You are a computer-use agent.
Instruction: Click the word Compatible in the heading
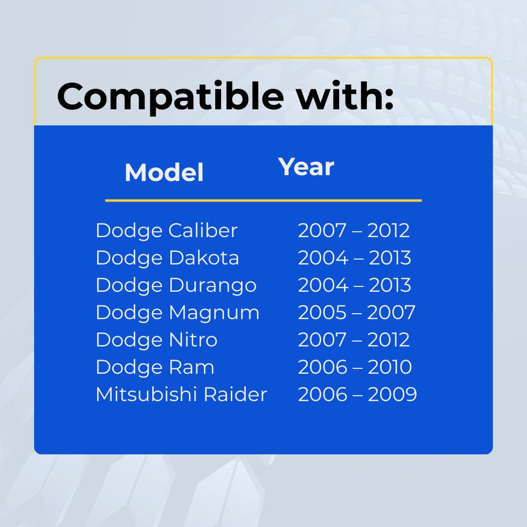tap(170, 97)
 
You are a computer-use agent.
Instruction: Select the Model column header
tap(164, 172)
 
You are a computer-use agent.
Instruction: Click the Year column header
tap(306, 167)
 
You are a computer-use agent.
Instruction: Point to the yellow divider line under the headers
tap(263, 201)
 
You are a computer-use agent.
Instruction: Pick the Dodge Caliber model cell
tap(167, 231)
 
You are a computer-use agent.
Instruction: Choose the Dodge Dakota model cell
tap(167, 258)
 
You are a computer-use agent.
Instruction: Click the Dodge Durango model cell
tap(176, 285)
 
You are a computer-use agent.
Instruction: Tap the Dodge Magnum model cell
tap(178, 313)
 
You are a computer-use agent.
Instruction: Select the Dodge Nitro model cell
tap(157, 340)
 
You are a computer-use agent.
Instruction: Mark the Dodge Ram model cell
tap(155, 367)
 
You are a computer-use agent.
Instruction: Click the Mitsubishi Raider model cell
tap(182, 394)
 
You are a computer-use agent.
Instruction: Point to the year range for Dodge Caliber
tap(354, 230)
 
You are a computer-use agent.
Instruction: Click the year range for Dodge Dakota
tap(355, 258)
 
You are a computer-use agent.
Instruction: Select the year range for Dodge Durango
tap(355, 285)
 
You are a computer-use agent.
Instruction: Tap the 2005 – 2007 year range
tap(357, 313)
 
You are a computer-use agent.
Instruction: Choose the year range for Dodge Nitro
tap(354, 340)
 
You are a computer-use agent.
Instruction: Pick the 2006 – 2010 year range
tap(355, 367)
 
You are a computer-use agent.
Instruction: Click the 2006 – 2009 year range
tap(357, 394)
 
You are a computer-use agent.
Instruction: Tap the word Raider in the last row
tap(236, 394)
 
